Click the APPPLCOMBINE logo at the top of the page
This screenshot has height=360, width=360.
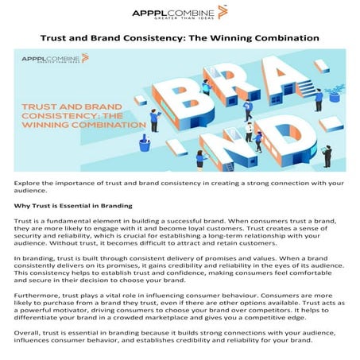click(x=180, y=14)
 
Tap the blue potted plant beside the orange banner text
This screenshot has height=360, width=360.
click(x=145, y=143)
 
